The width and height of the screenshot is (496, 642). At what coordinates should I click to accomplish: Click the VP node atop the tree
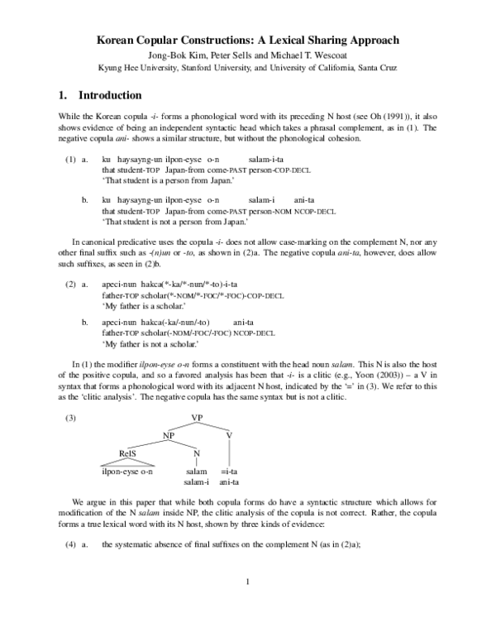point(197,417)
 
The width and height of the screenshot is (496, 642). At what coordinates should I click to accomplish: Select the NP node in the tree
point(169,434)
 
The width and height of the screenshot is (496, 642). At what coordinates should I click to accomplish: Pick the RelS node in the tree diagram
point(126,453)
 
